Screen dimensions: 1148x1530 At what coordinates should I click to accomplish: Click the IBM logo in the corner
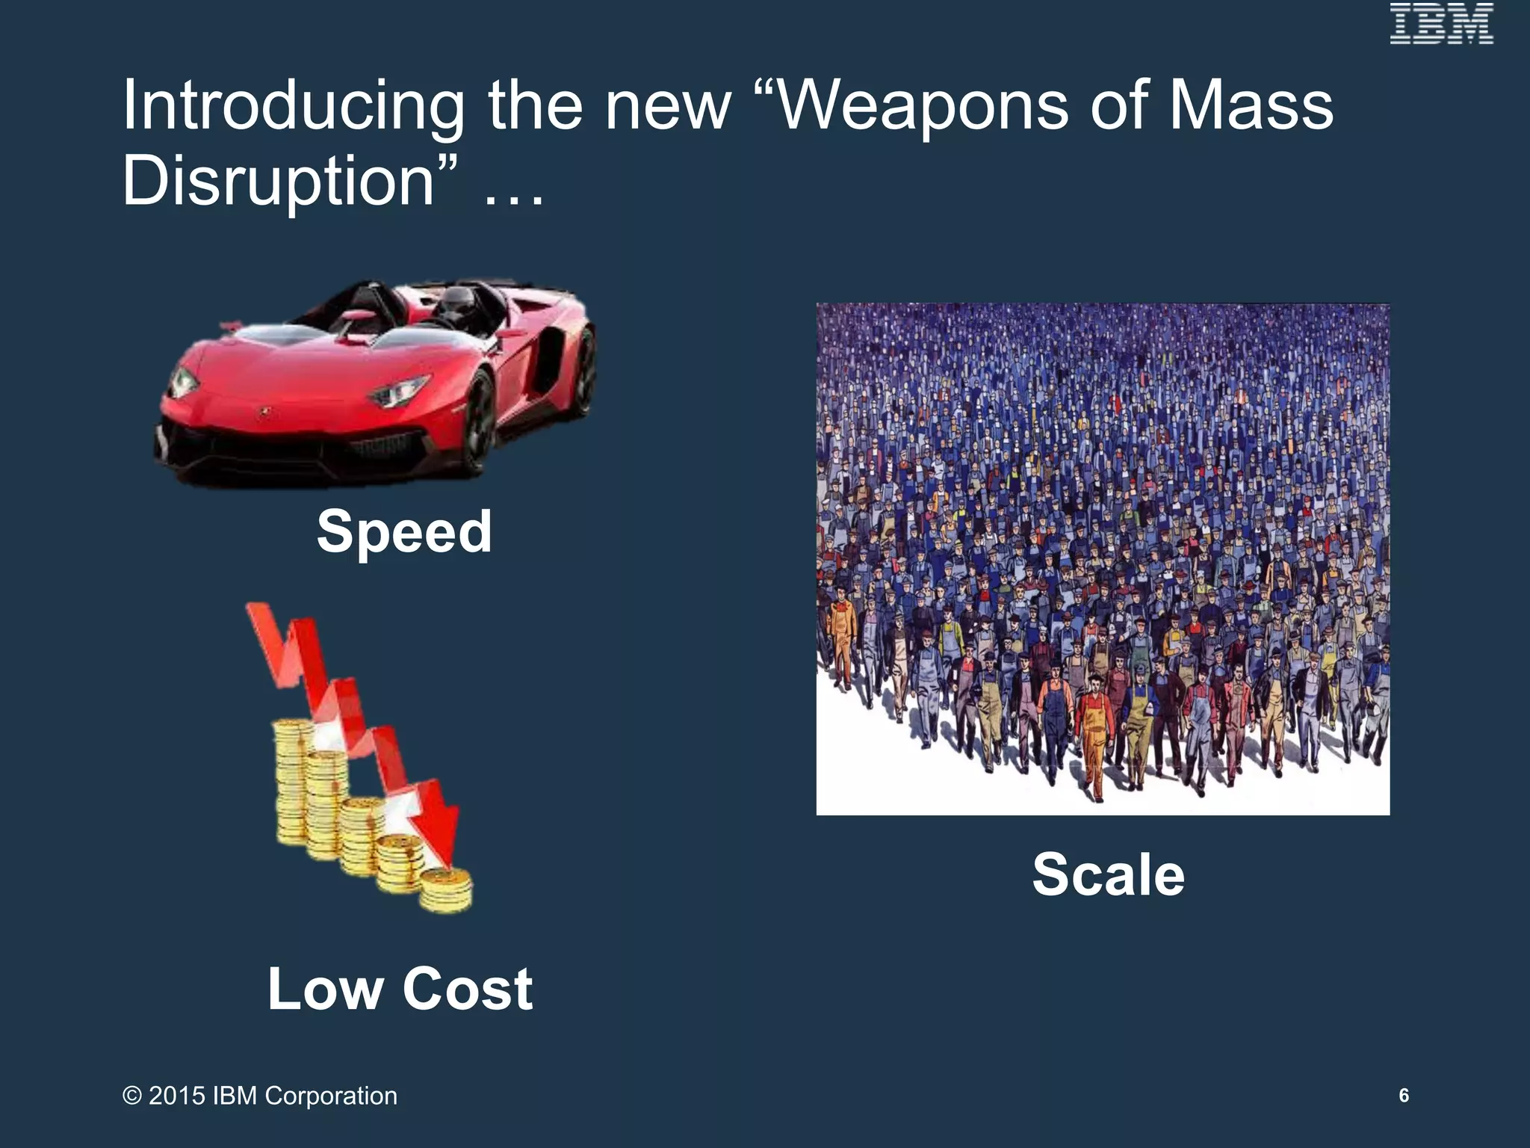[1441, 24]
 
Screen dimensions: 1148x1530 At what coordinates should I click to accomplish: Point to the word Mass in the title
[1251, 106]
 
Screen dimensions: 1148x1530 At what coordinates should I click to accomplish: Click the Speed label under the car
[404, 531]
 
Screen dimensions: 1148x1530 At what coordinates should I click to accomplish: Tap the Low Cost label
[400, 988]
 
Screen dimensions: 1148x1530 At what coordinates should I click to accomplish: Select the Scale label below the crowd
[1109, 874]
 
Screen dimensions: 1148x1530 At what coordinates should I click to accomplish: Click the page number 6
[1404, 1096]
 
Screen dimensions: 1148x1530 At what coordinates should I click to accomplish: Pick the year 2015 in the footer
[177, 1096]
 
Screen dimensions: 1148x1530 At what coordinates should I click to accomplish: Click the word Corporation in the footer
[331, 1096]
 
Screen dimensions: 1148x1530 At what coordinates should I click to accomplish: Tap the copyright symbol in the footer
[132, 1096]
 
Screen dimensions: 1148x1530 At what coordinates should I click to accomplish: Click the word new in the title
[667, 106]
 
